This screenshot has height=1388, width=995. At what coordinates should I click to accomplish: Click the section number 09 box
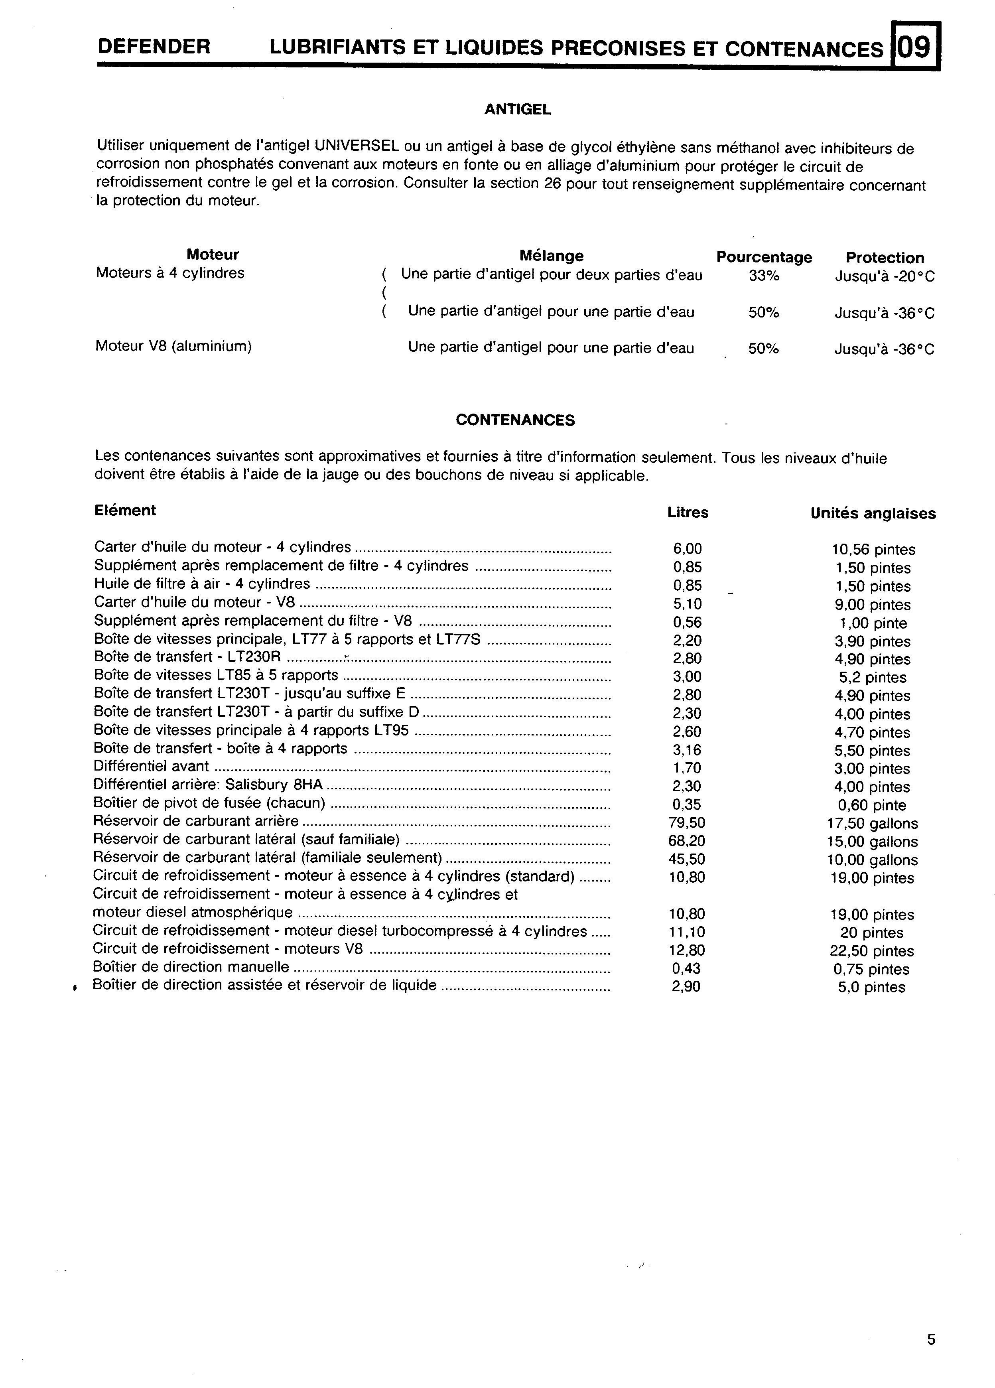point(916,47)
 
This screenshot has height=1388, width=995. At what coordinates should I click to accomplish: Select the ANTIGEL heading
point(518,110)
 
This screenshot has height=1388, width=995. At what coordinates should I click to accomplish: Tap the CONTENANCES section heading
point(515,420)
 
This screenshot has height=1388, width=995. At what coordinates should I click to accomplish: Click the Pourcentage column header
point(764,257)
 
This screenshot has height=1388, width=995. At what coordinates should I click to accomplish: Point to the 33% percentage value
point(764,276)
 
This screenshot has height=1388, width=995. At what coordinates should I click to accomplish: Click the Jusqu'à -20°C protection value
point(884,277)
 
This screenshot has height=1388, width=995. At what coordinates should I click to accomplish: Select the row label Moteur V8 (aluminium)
point(174,346)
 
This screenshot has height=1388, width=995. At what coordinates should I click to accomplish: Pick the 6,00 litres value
point(687,549)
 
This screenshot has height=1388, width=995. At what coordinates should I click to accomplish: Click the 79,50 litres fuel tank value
point(687,822)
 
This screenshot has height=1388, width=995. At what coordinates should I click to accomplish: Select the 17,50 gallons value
point(872,824)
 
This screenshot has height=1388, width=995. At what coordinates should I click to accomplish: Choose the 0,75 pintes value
point(871,969)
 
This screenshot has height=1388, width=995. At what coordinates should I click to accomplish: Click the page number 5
point(931,1340)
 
